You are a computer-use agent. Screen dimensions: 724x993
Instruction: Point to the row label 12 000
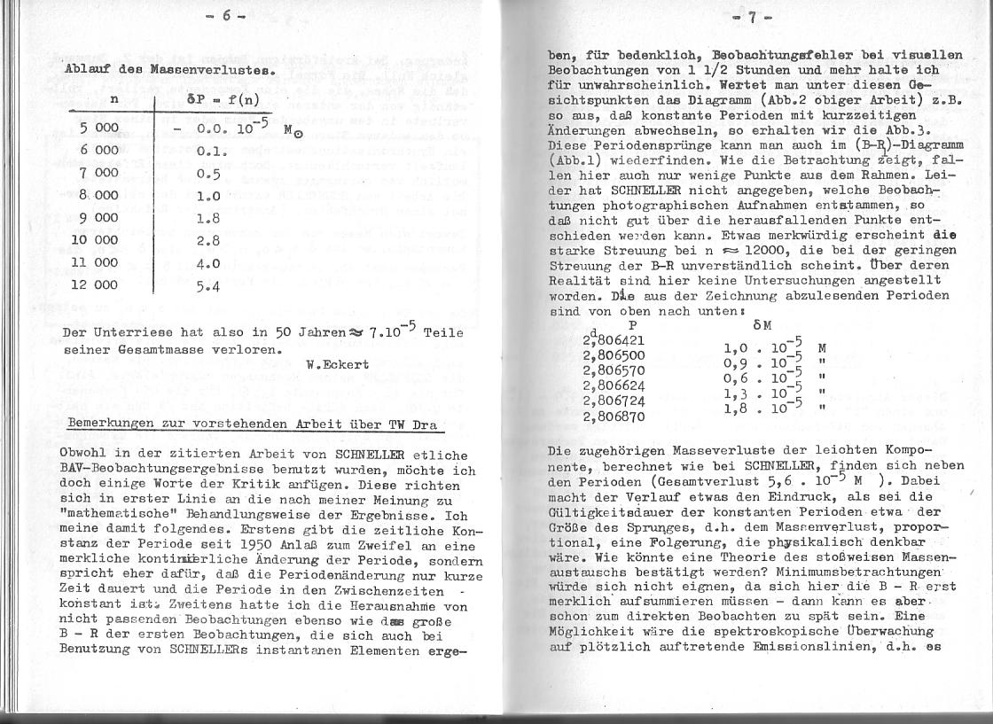pyautogui.click(x=95, y=285)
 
